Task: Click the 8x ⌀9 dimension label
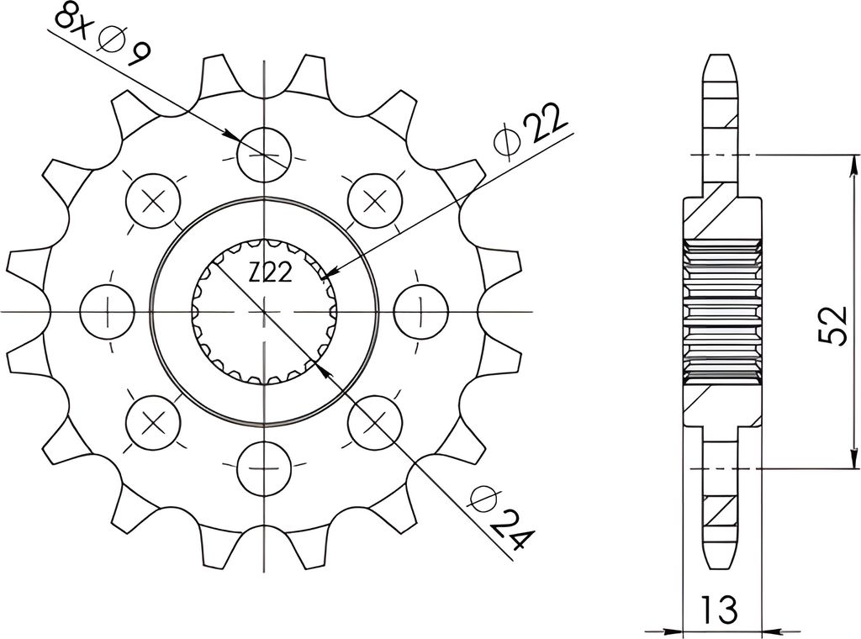(x=102, y=36)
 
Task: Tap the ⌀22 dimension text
(x=530, y=130)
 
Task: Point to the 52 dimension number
(x=833, y=325)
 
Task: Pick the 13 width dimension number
(x=719, y=609)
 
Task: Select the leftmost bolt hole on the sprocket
(x=107, y=312)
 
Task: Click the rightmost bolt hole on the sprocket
(x=421, y=312)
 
